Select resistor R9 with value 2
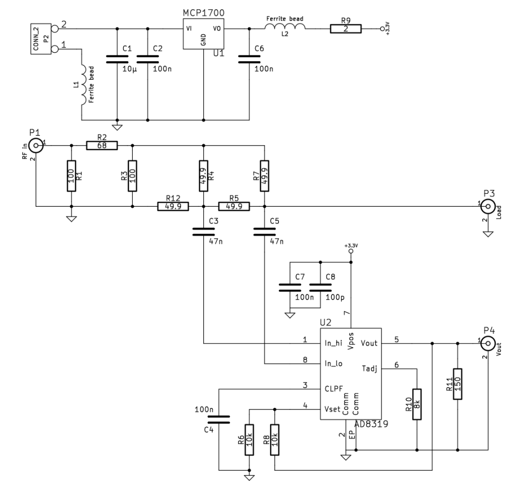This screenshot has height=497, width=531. [345, 30]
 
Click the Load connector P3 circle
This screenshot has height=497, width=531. [487, 207]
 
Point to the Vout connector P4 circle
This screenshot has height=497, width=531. [487, 343]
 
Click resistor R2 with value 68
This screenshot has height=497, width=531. [102, 146]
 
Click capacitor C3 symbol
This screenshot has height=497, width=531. [203, 231]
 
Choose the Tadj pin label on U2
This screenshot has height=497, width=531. [369, 368]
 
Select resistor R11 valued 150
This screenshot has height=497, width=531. [458, 384]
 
